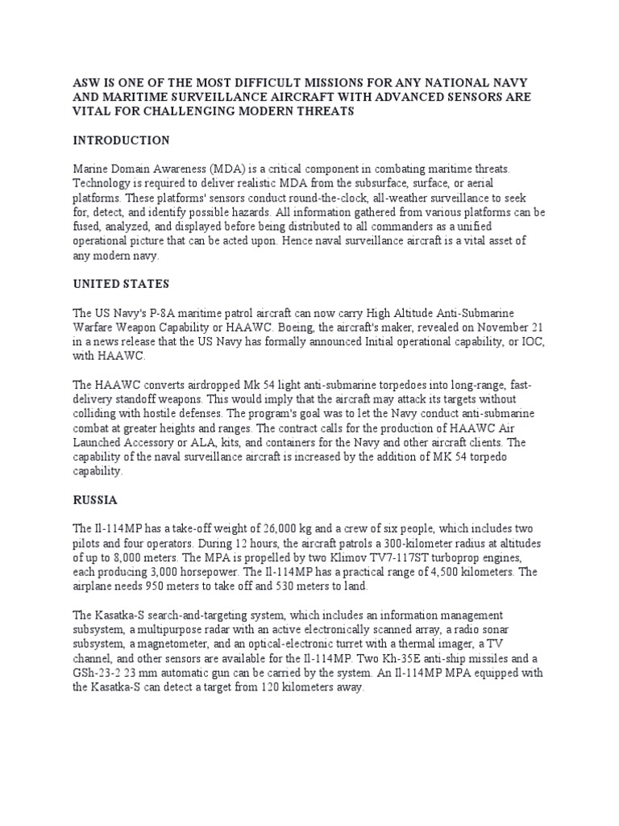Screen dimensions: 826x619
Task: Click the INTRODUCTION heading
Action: pyautogui.click(x=122, y=140)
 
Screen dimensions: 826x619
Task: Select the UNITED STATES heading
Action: pyautogui.click(x=121, y=285)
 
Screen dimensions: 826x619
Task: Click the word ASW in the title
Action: pyautogui.click(x=87, y=82)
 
